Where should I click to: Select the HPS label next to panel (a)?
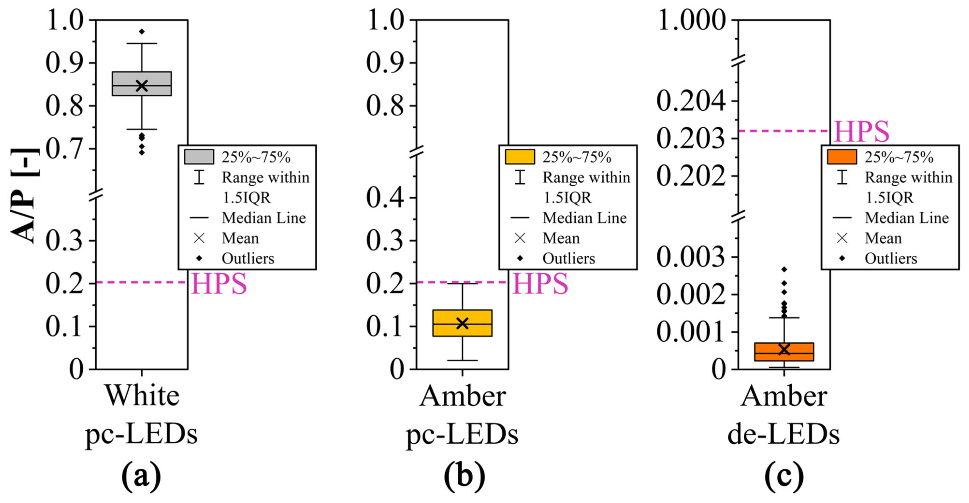coord(219,283)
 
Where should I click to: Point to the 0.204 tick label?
coord(691,101)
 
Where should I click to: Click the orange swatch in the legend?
coord(842,157)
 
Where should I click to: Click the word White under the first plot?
coord(142,396)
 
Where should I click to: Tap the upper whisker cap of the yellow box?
coord(462,284)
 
